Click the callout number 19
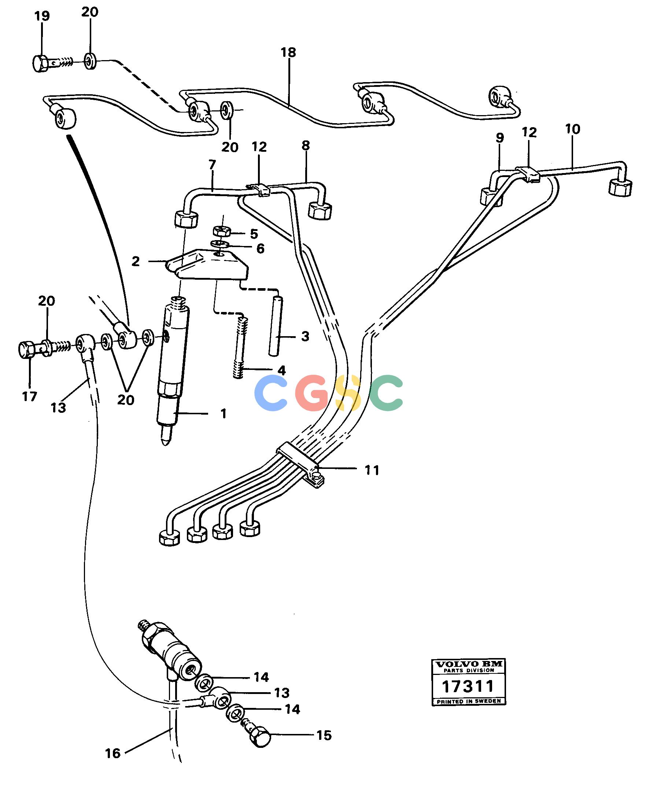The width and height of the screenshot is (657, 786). tap(41, 17)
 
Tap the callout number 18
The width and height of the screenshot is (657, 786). tap(288, 52)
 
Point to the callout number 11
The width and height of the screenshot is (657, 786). tap(372, 470)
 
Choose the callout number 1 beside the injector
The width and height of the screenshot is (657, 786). tap(224, 414)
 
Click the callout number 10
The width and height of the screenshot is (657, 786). tap(573, 129)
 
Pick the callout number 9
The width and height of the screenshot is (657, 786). tap(500, 138)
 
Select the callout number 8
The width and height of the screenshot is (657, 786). tap(306, 146)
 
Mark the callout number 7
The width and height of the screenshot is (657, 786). tap(212, 165)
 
